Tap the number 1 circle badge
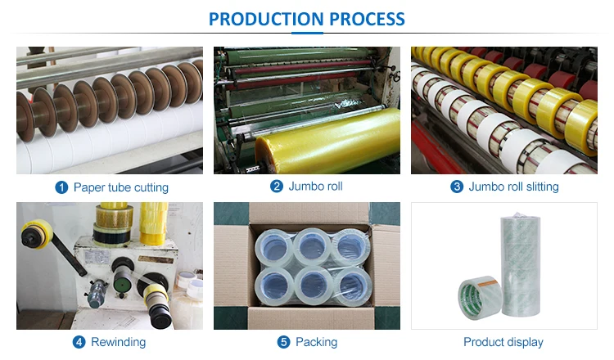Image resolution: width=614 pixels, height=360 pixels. (x=61, y=187)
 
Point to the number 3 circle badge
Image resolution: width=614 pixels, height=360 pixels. (x=457, y=187)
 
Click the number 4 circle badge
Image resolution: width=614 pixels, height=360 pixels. (x=79, y=342)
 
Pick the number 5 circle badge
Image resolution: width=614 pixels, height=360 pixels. (x=283, y=342)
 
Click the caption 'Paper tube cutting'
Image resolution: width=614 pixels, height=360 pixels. (x=120, y=187)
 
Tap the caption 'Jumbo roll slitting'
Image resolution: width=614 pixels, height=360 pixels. (x=513, y=187)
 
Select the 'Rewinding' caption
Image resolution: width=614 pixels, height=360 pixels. (x=120, y=342)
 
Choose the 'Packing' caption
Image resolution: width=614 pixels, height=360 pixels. (x=316, y=342)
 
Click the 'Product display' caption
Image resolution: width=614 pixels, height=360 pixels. (x=503, y=342)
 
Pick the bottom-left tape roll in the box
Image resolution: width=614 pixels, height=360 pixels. (x=271, y=284)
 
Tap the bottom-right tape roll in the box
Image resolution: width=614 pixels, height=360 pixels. (x=351, y=285)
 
